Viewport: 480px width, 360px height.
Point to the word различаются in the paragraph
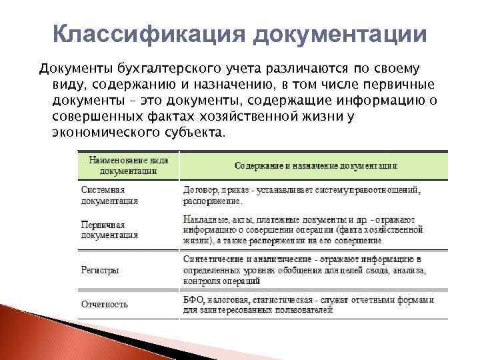tap(303, 69)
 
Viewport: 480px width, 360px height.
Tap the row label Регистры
tap(100, 271)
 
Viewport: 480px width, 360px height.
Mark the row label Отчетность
tap(105, 305)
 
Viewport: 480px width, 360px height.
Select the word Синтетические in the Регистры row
tap(212, 259)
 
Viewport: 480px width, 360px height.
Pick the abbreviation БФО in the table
tap(193, 299)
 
